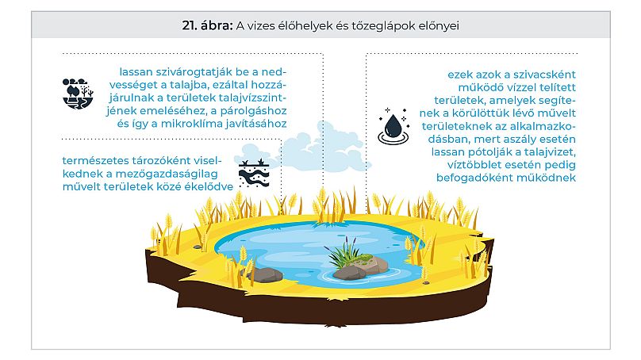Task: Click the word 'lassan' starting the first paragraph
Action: click(136, 70)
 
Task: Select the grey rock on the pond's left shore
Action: click(264, 275)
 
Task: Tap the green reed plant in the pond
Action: click(341, 255)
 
